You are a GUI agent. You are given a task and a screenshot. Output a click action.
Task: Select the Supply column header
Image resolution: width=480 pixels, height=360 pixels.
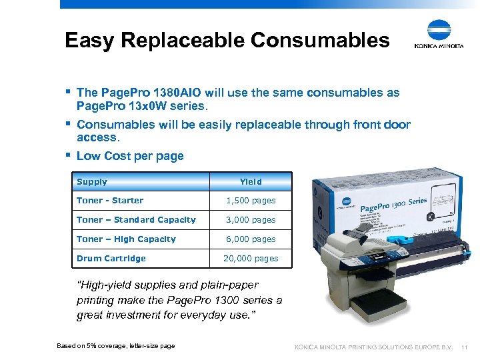92,181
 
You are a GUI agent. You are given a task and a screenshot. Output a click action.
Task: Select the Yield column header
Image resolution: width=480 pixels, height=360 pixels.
251,181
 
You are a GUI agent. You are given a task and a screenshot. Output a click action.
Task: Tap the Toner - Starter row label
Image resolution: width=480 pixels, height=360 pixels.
110,201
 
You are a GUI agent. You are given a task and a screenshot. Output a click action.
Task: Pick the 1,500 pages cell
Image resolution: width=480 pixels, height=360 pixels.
251,201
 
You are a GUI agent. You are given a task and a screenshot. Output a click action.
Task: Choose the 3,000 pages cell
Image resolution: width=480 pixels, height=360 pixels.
251,220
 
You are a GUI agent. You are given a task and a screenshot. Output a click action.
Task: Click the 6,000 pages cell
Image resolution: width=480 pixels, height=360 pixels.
251,239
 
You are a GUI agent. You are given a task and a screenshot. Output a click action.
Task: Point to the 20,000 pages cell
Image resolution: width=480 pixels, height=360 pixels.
251,259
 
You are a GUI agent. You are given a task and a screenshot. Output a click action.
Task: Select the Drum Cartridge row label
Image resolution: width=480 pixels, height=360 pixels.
111,259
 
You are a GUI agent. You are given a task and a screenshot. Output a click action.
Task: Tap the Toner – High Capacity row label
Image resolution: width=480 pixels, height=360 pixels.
126,239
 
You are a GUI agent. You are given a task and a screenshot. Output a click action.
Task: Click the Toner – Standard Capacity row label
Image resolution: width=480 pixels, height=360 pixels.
136,220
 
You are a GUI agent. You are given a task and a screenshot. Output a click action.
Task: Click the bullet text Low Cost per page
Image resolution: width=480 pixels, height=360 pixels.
130,156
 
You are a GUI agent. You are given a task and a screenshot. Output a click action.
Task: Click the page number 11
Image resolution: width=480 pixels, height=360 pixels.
465,347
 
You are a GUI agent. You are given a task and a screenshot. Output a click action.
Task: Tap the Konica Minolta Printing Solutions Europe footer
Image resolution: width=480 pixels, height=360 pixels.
374,347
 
